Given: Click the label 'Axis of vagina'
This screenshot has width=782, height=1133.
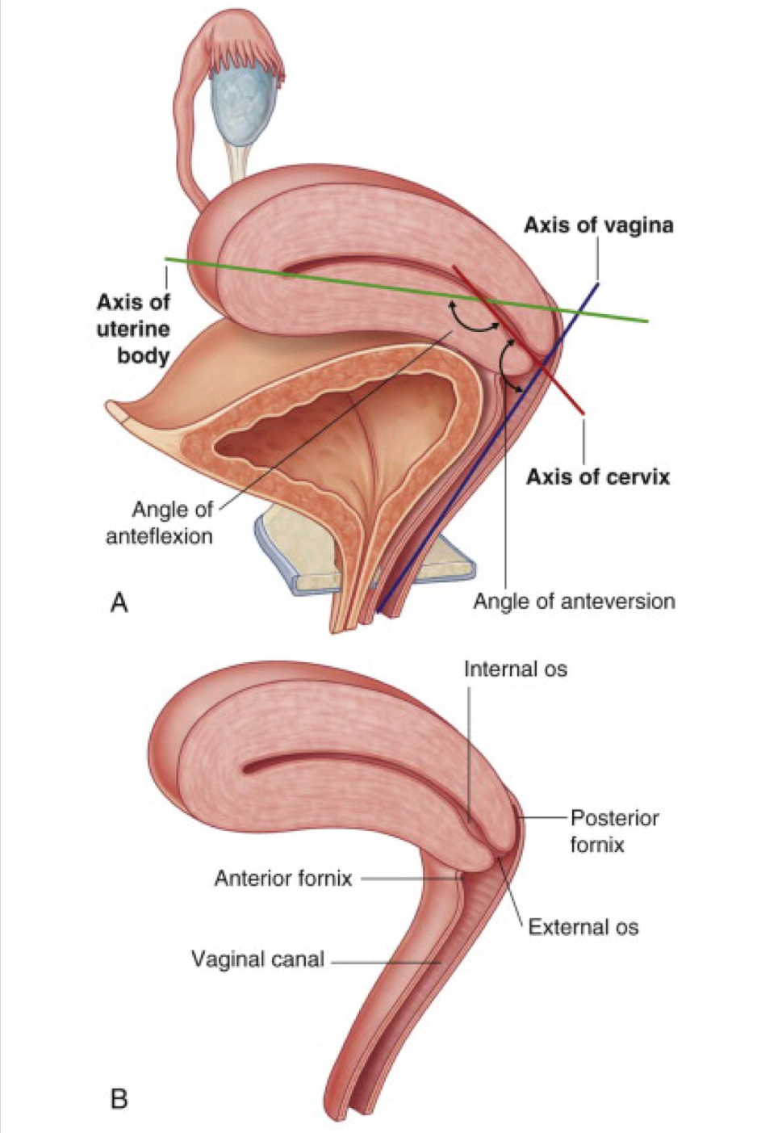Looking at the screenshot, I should click(x=598, y=225).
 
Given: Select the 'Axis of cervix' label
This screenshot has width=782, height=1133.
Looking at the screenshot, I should click(x=598, y=476).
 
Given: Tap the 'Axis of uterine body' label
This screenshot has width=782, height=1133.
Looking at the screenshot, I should click(x=134, y=329).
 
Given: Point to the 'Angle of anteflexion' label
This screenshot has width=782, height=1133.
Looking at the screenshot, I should click(x=161, y=522).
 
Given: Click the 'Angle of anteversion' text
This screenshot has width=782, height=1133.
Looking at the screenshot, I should click(x=574, y=601).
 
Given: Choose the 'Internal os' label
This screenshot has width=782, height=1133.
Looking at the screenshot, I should click(x=515, y=669).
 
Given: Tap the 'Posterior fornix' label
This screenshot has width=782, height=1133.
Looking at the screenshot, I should click(x=614, y=831).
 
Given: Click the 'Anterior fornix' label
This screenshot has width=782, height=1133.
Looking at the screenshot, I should click(x=283, y=878).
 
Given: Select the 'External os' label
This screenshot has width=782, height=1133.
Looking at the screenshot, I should click(x=583, y=927).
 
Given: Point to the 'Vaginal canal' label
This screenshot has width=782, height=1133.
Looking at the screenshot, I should click(x=257, y=959).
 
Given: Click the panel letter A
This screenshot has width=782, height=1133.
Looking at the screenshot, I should click(x=119, y=602).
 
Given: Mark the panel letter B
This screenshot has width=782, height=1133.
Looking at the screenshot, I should click(x=119, y=1098).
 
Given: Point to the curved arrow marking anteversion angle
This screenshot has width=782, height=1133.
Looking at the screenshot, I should click(x=505, y=367).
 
